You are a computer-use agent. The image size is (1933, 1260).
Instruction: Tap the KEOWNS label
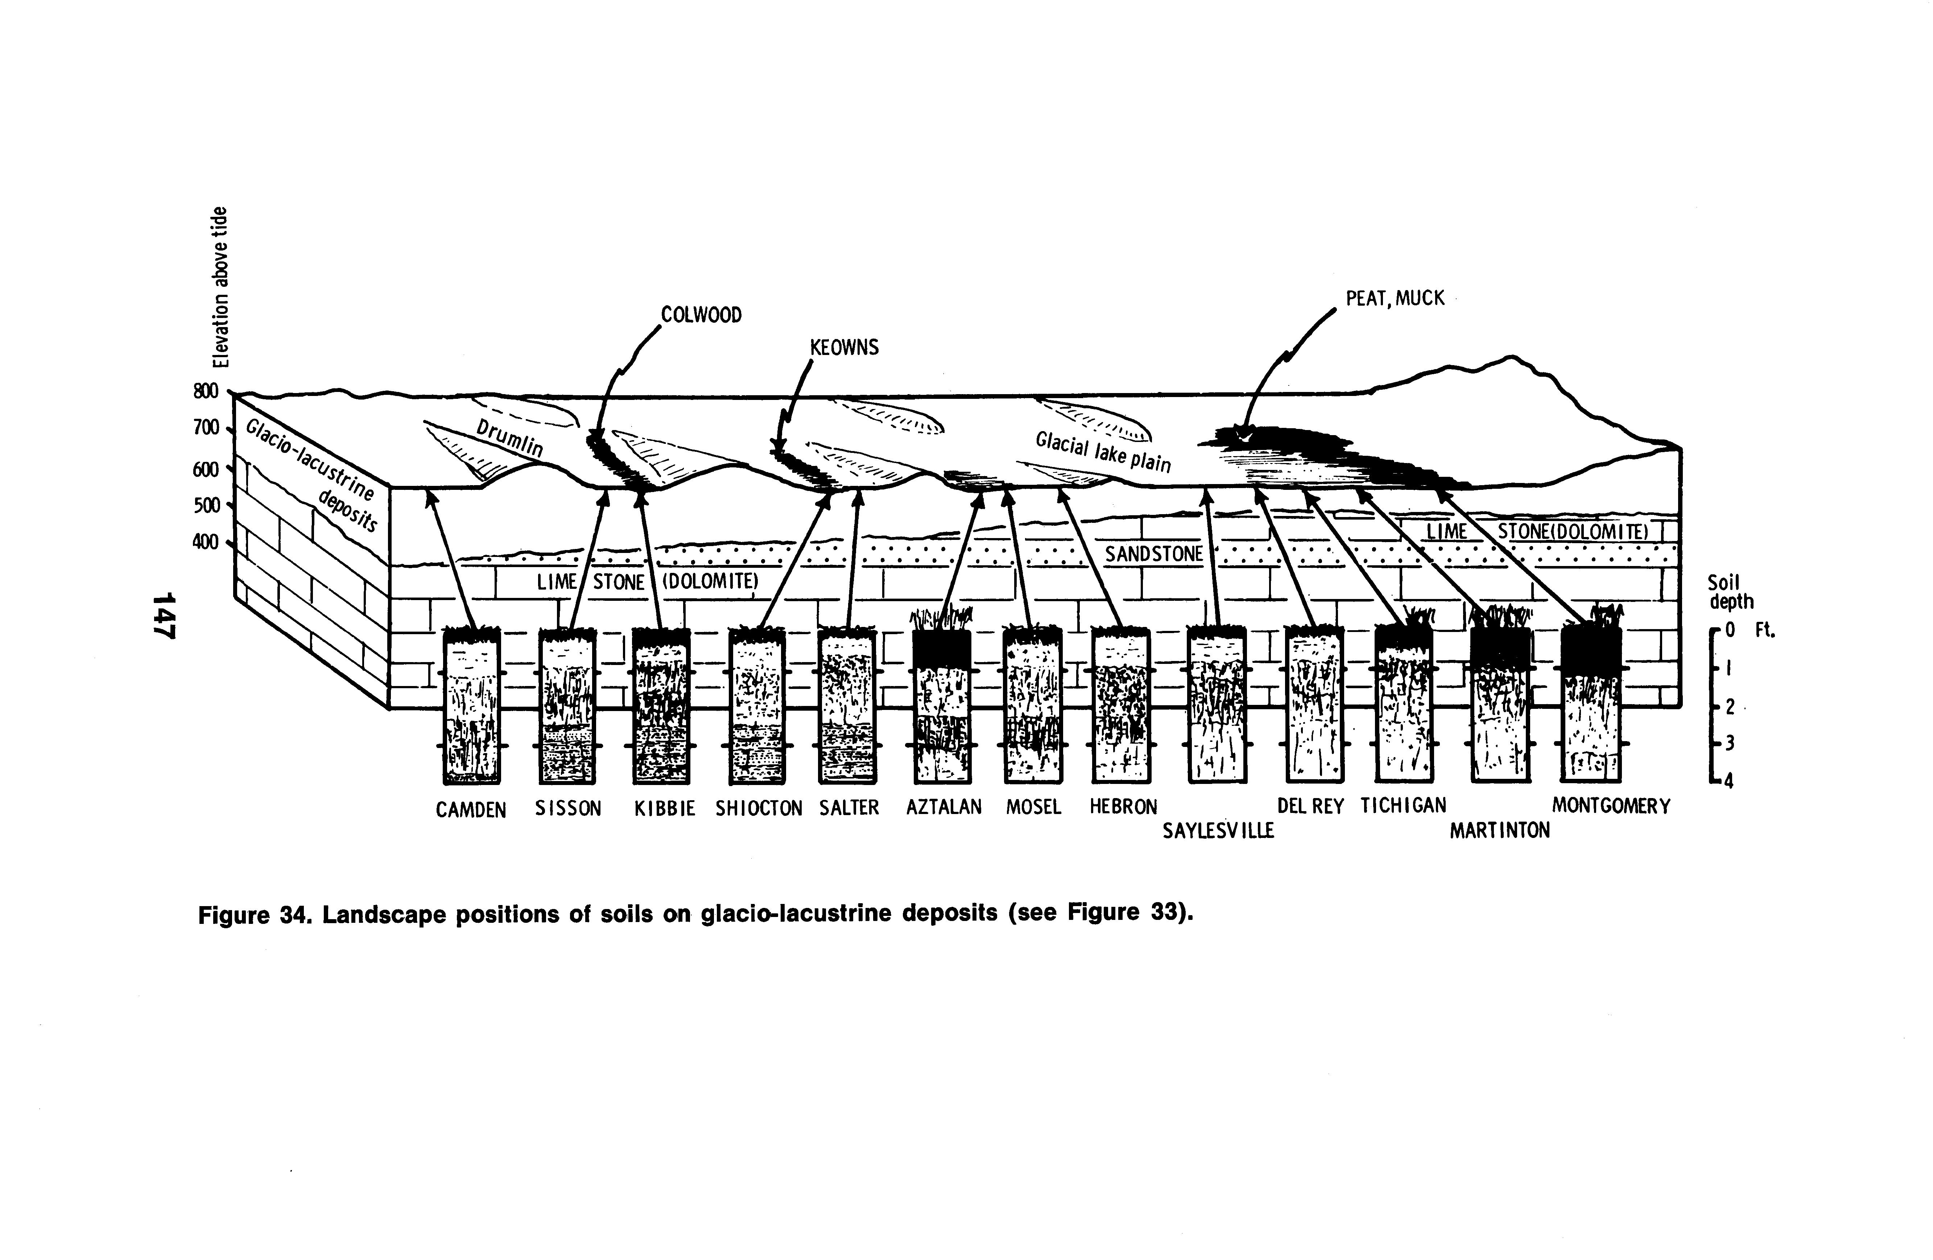844,348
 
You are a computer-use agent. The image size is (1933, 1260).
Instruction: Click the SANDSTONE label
1153,554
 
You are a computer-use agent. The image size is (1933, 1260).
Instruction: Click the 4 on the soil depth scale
1728,781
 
